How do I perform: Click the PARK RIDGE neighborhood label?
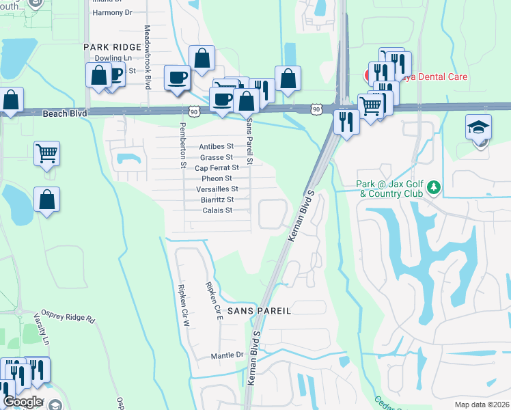[x=112, y=47]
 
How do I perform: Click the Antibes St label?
[x=216, y=146]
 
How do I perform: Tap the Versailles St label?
[x=217, y=189]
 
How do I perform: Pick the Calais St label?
[x=218, y=210]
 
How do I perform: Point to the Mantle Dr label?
[x=227, y=355]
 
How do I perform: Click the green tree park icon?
[x=432, y=187]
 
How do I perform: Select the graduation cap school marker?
[x=479, y=127]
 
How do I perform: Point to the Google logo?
[x=22, y=402]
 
